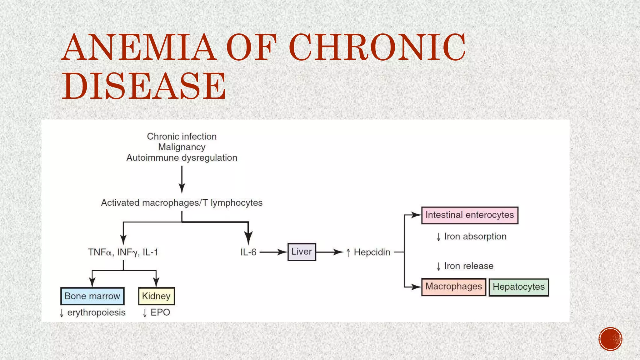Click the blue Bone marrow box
92,296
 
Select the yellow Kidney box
156,296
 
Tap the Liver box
302,252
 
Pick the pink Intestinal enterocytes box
469,215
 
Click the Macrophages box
453,287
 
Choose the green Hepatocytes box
518,287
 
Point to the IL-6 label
248,252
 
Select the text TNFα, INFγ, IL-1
123,252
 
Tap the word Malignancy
182,147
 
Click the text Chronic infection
182,136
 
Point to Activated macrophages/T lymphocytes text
182,203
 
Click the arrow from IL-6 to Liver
272,252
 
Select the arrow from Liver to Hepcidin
329,252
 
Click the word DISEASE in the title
144,86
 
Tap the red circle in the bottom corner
610,339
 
